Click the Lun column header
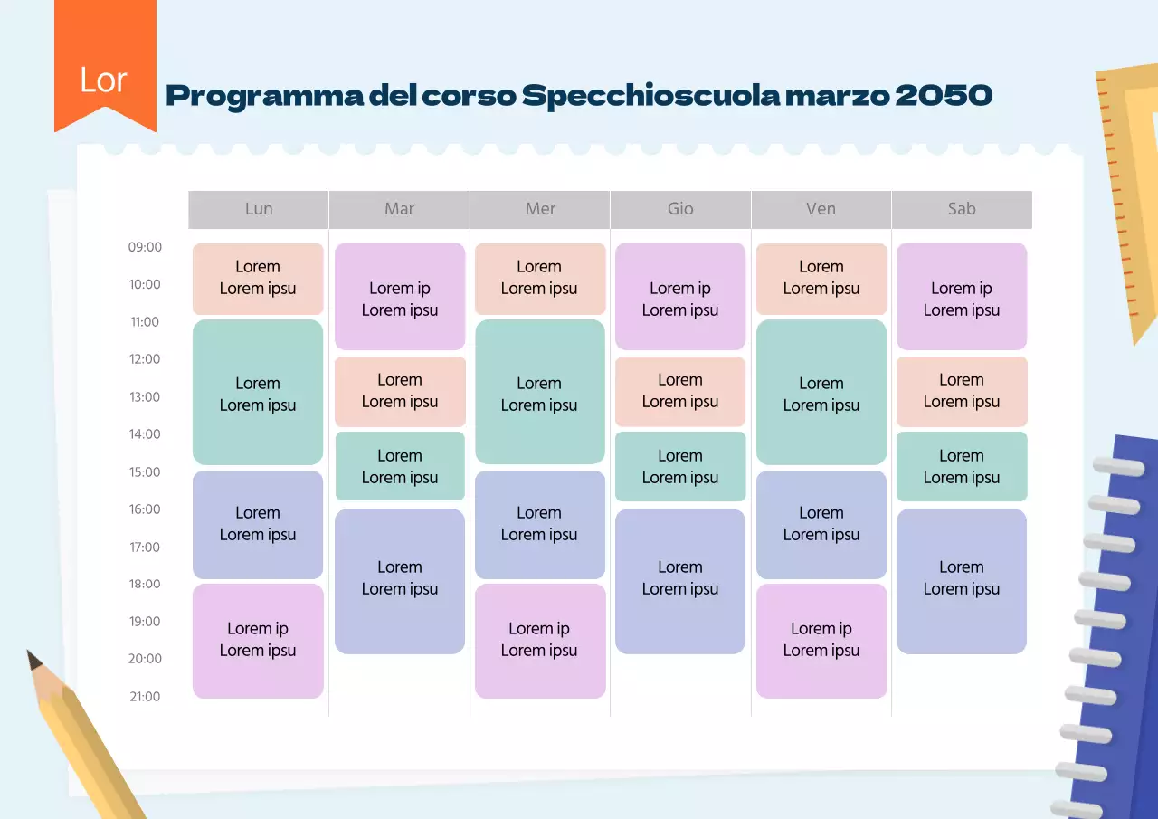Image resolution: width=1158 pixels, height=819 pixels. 259,209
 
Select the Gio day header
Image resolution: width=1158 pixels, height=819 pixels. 680,209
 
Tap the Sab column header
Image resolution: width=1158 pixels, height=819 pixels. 962,209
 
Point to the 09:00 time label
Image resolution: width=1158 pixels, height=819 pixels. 145,247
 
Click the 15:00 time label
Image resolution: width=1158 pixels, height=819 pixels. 145,472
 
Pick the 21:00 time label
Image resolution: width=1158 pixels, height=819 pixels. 145,697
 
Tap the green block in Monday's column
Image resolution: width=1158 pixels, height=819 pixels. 258,392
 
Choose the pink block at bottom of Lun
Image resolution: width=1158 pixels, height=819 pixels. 258,641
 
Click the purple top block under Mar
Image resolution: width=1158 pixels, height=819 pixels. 400,297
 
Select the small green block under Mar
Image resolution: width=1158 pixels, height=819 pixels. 400,466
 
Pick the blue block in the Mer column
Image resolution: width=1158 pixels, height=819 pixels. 539,524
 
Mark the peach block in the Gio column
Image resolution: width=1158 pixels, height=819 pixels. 680,391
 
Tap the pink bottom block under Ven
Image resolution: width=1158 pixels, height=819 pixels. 821,641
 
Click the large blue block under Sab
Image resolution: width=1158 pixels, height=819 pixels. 962,580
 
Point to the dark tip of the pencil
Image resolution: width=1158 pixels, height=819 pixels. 35,661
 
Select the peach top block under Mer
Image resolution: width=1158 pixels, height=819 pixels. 539,278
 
